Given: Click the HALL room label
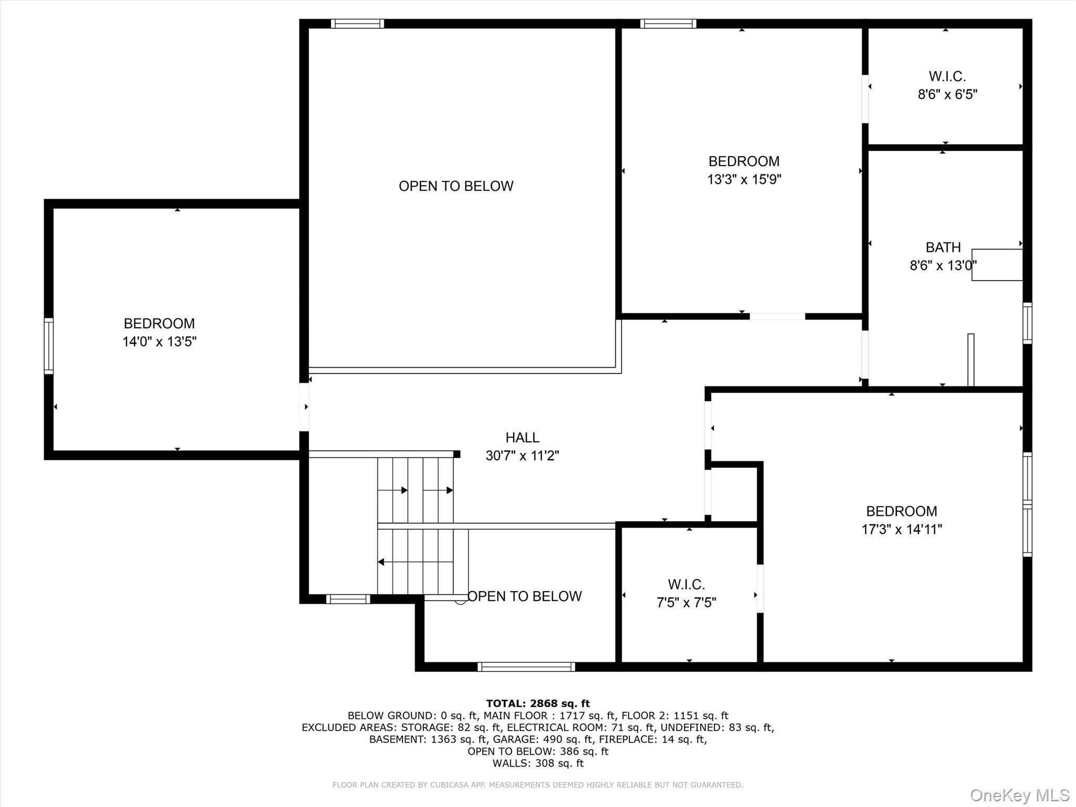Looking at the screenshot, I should (x=522, y=437).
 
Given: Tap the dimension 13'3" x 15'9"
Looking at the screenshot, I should (x=744, y=180).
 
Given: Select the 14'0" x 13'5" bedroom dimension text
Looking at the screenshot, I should (x=159, y=342).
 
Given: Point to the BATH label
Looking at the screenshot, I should (x=943, y=247).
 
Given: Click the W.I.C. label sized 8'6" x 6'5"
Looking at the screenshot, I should (x=947, y=77).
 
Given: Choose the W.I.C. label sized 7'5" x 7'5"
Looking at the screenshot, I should (x=686, y=584).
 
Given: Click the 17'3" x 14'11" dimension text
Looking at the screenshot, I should (x=902, y=529).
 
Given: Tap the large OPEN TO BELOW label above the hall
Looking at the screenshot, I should (x=456, y=186).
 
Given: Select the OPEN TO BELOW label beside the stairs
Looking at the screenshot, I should (x=524, y=596).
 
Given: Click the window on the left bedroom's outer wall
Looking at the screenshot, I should (x=48, y=346).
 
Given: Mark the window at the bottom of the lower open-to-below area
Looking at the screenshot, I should (x=526, y=667).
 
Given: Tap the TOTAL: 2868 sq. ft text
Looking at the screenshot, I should (x=537, y=703).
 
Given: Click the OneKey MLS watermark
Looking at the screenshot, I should (x=1019, y=795).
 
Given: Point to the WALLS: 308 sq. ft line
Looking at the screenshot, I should (x=537, y=763).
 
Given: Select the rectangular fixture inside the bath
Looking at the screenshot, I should (x=997, y=265).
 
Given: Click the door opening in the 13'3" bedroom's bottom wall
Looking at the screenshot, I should (x=777, y=316).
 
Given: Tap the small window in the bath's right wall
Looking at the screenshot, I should (x=1027, y=323).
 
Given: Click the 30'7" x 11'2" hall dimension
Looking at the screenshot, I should (x=522, y=456).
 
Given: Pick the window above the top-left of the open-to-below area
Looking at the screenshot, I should (x=357, y=24).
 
